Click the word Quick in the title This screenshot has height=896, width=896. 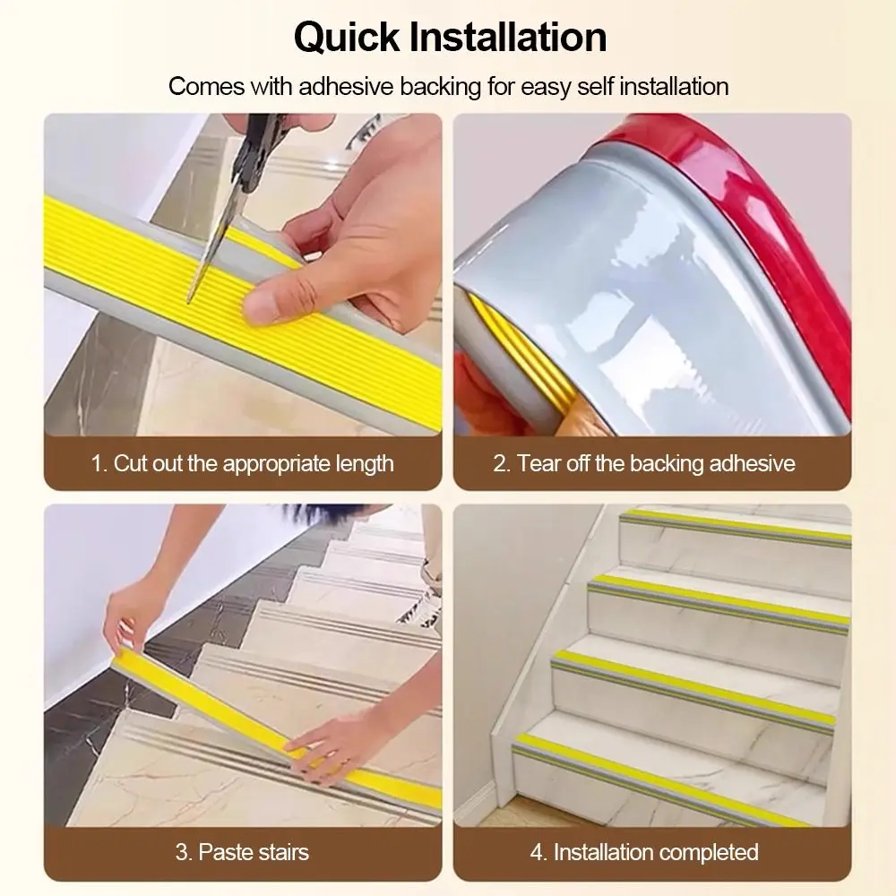pyautogui.click(x=347, y=38)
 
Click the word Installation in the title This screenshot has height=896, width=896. pyautogui.click(x=508, y=37)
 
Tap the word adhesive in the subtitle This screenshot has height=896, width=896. pyautogui.click(x=346, y=87)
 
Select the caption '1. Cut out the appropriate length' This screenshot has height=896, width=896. pyautogui.click(x=242, y=463)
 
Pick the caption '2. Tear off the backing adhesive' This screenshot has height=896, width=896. pyautogui.click(x=644, y=463)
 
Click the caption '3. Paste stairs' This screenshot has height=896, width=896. pyautogui.click(x=242, y=852)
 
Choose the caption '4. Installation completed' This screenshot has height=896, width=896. pyautogui.click(x=644, y=852)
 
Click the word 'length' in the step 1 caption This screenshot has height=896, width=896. pyautogui.click(x=365, y=464)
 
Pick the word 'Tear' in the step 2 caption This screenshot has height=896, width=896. pyautogui.click(x=539, y=464)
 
